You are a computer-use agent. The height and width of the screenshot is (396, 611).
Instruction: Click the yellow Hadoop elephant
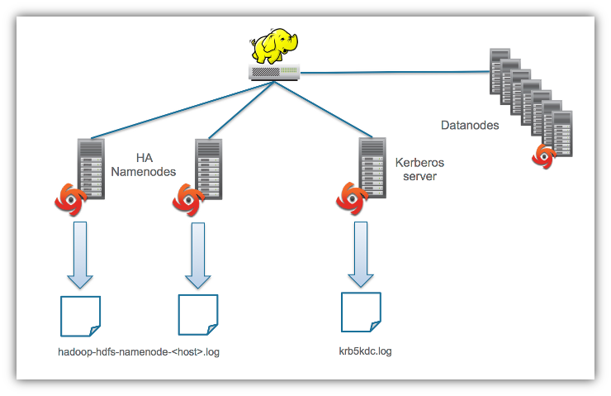pyautogui.click(x=274, y=46)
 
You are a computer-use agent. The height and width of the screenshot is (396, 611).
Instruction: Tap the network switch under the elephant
pyautogui.click(x=274, y=72)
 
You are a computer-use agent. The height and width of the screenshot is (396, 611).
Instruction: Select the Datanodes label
pyautogui.click(x=470, y=125)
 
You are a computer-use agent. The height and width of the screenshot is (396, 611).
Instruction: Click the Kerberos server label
pyautogui.click(x=419, y=169)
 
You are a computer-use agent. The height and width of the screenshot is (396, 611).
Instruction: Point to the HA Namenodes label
pyautogui.click(x=144, y=165)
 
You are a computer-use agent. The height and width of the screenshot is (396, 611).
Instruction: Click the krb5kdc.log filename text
pyautogui.click(x=366, y=351)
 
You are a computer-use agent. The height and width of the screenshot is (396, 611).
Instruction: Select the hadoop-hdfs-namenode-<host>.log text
pyautogui.click(x=139, y=352)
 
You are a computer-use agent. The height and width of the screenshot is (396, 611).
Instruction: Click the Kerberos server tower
pyautogui.click(x=372, y=168)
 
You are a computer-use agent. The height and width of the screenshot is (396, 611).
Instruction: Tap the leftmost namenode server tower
pyautogui.click(x=91, y=169)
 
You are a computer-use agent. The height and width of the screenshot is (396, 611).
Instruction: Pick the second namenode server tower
pyautogui.click(x=208, y=169)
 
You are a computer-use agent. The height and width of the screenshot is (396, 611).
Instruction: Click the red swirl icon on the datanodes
pyautogui.click(x=544, y=156)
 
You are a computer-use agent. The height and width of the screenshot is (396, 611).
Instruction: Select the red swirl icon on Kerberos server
pyautogui.click(x=352, y=198)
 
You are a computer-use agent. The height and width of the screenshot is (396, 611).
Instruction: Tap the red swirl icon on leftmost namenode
pyautogui.click(x=70, y=200)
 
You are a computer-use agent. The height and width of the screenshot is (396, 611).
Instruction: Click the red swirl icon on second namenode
pyautogui.click(x=188, y=200)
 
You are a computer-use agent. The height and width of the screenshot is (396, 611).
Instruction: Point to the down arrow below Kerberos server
pyautogui.click(x=361, y=255)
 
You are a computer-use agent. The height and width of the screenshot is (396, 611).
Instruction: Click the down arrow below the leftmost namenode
pyautogui.click(x=80, y=255)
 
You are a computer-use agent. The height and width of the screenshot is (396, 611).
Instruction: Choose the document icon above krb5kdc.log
pyautogui.click(x=361, y=313)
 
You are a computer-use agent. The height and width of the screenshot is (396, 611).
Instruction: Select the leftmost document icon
pyautogui.click(x=81, y=316)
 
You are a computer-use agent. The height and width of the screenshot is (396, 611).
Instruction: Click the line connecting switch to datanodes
pyautogui.click(x=395, y=72)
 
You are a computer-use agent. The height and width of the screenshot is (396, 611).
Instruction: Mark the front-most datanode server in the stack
pyautogui.click(x=562, y=133)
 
